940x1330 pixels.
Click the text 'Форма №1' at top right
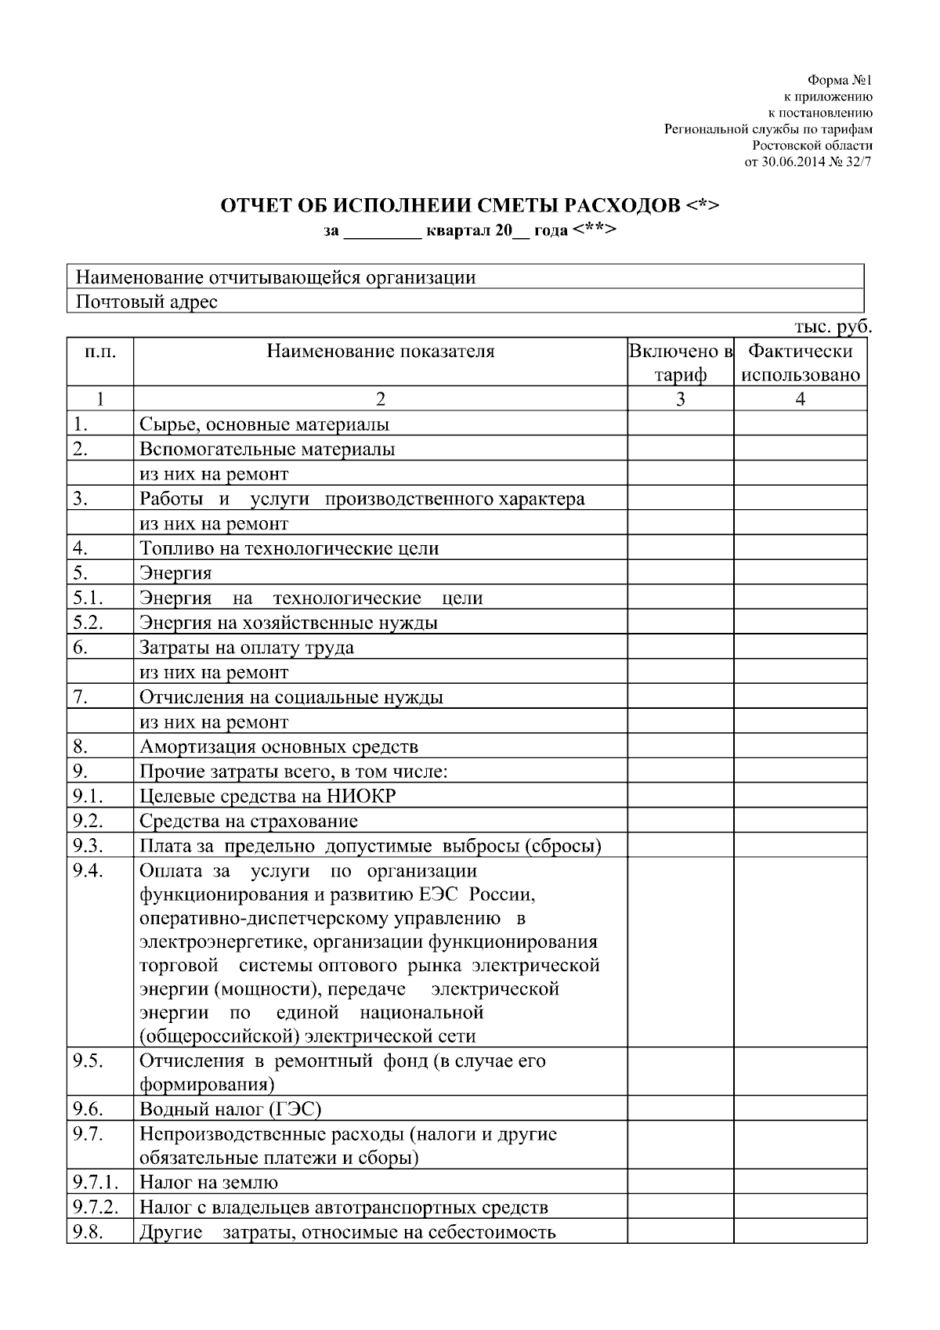click(x=839, y=81)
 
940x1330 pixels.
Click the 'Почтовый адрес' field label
click(x=146, y=302)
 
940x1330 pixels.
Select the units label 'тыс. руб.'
click(x=833, y=327)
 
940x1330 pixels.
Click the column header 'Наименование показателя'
click(x=381, y=351)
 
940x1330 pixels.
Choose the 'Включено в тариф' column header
click(x=680, y=362)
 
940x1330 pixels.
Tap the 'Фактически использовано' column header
click(x=800, y=362)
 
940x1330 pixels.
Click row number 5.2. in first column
click(x=88, y=622)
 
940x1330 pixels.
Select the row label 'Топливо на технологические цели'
click(x=289, y=548)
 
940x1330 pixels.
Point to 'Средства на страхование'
click(x=248, y=821)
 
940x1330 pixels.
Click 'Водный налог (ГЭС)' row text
click(x=230, y=1109)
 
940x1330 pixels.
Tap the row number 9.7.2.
click(x=96, y=1207)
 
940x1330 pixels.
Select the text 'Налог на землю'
click(x=208, y=1182)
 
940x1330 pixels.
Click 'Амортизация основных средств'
click(x=279, y=746)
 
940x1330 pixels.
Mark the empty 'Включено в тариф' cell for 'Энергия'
click(x=680, y=573)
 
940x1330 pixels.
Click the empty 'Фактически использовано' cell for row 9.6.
click(x=800, y=1109)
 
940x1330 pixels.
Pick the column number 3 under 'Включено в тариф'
click(x=680, y=399)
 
